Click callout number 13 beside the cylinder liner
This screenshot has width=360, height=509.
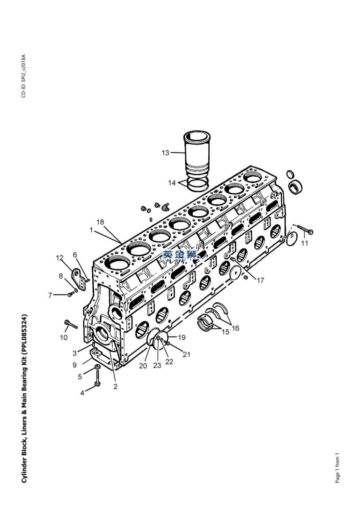pyautogui.click(x=166, y=153)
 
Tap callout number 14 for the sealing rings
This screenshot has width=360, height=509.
pyautogui.click(x=172, y=183)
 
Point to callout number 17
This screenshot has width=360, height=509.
pyautogui.click(x=260, y=280)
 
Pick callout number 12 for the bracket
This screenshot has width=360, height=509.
pyautogui.click(x=60, y=258)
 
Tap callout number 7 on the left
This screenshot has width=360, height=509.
pyautogui.click(x=50, y=295)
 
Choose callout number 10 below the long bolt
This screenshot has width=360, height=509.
pyautogui.click(x=64, y=338)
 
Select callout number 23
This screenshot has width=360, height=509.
pyautogui.click(x=157, y=365)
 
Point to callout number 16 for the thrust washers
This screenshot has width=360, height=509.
pyautogui.click(x=236, y=328)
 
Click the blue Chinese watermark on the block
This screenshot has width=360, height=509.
pyautogui.click(x=180, y=254)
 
